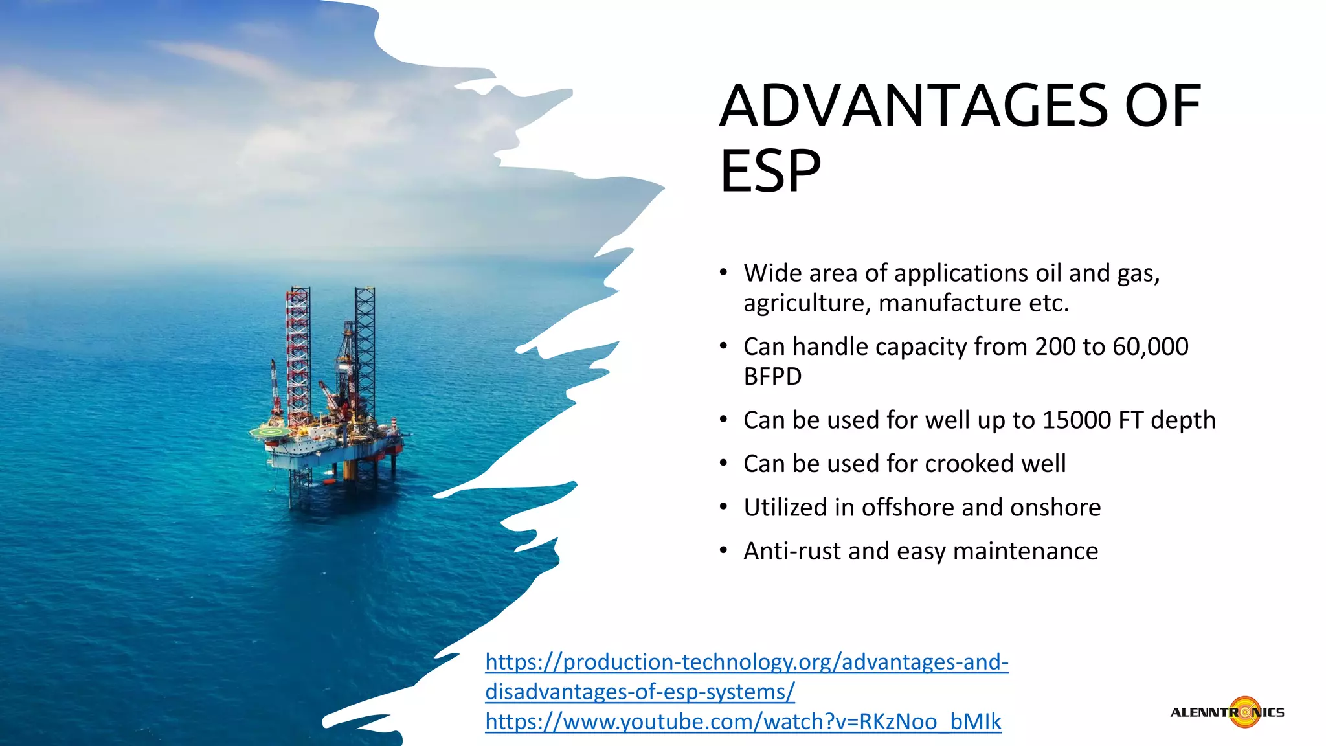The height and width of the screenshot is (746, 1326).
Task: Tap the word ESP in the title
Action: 770,172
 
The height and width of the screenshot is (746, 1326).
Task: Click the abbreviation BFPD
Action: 772,377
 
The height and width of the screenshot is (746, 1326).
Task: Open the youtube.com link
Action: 743,721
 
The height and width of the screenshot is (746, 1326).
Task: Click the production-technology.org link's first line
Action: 746,662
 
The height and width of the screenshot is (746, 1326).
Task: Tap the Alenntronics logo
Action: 1228,712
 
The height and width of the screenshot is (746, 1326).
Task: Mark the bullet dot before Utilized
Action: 724,508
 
